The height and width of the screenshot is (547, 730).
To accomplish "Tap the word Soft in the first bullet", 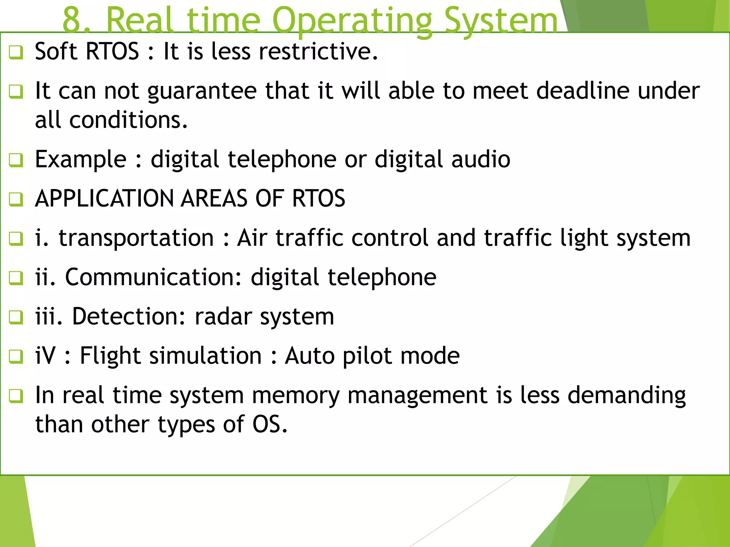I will coord(56,51).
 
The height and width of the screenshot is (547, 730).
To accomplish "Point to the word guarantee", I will coord(202,91).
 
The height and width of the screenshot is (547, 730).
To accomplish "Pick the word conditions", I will coord(128,120).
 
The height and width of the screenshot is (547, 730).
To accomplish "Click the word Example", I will coord(81,160).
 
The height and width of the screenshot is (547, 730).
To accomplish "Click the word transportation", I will coord(136,238).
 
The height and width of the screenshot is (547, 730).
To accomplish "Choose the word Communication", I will coord(153,277).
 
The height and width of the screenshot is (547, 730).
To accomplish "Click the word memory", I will coord(296,396).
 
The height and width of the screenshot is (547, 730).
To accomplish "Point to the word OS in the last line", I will coord(269,424).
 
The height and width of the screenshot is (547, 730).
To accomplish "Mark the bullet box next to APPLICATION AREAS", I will coord(16,199).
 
